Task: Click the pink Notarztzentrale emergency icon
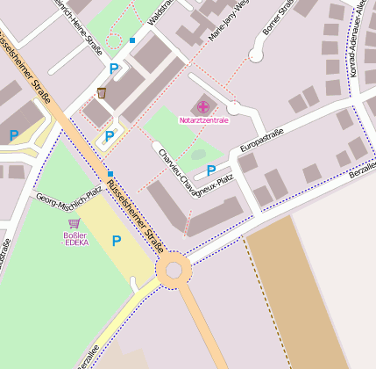coord(203,107)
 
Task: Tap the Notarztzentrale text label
coord(203,119)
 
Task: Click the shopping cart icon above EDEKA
coord(74,224)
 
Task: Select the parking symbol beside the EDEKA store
coord(116,240)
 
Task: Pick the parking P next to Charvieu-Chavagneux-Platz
coord(210,170)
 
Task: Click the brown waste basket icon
coord(103,92)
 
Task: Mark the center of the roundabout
coord(174,271)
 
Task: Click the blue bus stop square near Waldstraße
coord(132,40)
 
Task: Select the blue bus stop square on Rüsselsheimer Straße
coord(110,174)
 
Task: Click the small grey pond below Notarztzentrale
coord(199,155)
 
